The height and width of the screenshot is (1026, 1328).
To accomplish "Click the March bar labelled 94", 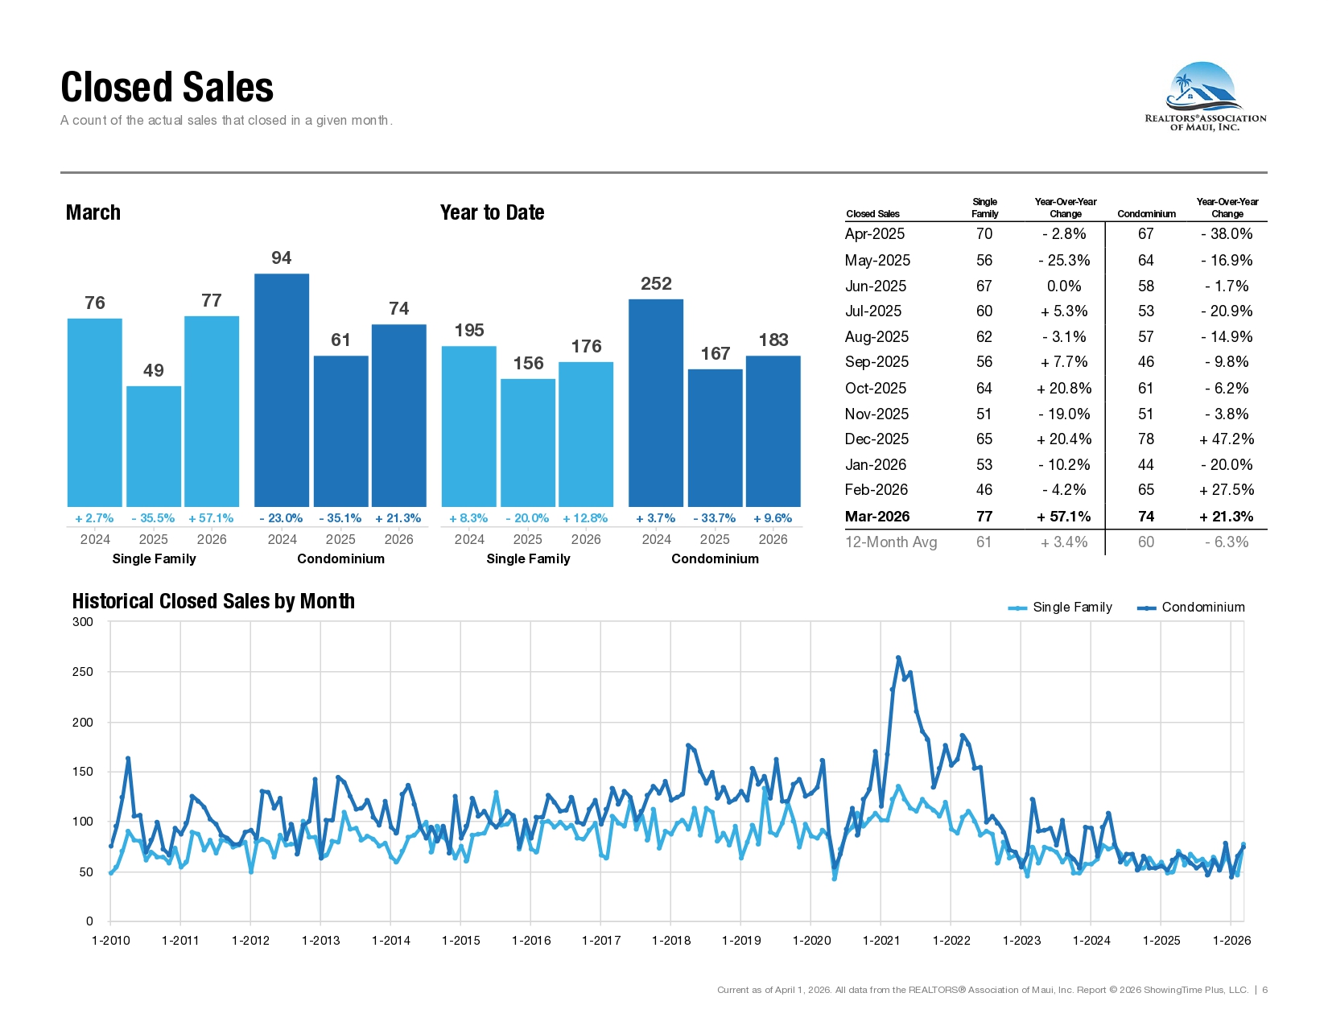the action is [281, 389].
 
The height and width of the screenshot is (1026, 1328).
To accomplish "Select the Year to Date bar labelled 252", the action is [656, 402].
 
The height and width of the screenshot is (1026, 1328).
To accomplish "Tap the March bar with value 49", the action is [154, 446].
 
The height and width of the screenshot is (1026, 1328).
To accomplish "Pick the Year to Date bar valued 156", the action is [528, 443].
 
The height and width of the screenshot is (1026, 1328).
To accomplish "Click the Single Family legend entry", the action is [1060, 608].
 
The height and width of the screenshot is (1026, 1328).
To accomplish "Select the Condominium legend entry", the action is [1190, 608].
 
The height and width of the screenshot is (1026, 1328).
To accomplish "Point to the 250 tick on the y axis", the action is [83, 672].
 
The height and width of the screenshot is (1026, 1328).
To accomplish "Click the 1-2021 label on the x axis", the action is [881, 941].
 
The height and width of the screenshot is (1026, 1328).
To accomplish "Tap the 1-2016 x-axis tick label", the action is [531, 941].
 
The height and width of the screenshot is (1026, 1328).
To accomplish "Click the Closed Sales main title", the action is [167, 87].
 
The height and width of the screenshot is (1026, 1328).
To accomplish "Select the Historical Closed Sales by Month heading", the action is [213, 601].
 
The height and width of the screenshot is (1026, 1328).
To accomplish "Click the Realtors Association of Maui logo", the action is [1205, 97].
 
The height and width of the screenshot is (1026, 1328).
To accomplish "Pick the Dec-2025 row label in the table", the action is [876, 439].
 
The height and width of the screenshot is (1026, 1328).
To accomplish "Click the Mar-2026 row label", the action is [877, 517].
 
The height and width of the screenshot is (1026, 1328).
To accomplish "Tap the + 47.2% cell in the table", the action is [1226, 439].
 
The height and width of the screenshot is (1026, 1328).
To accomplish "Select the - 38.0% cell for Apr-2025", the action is [1226, 234].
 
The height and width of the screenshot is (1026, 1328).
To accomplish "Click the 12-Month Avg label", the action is [890, 542].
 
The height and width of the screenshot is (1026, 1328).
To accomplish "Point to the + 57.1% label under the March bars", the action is [211, 518].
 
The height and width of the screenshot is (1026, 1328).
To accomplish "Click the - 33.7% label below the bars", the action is [714, 518].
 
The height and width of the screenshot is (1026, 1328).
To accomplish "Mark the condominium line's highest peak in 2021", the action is [898, 658].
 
